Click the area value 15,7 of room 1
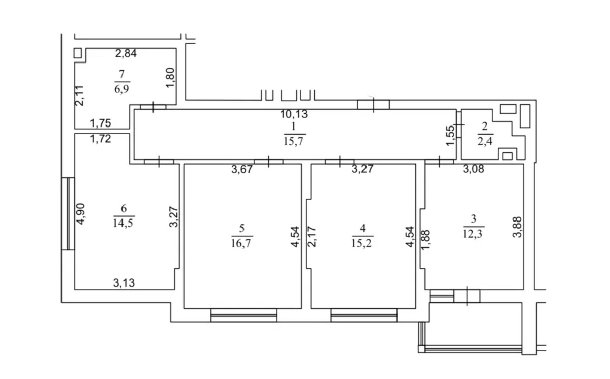point(294,141)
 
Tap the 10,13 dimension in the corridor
point(294,114)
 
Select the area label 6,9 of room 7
point(121,89)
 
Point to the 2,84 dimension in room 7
point(126,53)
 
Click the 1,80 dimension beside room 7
point(170,78)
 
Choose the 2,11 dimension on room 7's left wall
point(79,96)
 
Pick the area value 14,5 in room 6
point(123,223)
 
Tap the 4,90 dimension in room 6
point(81,214)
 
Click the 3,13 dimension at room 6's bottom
point(124,283)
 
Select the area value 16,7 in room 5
point(241,243)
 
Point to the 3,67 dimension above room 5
point(242,170)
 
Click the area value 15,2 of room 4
point(361,243)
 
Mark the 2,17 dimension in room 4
point(312,237)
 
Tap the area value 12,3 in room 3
point(473,233)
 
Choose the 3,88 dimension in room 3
point(517,227)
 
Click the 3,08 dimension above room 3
point(474,169)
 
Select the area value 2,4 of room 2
point(485,141)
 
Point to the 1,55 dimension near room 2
point(450,135)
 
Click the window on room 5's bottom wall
point(243,315)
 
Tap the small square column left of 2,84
point(78,53)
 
